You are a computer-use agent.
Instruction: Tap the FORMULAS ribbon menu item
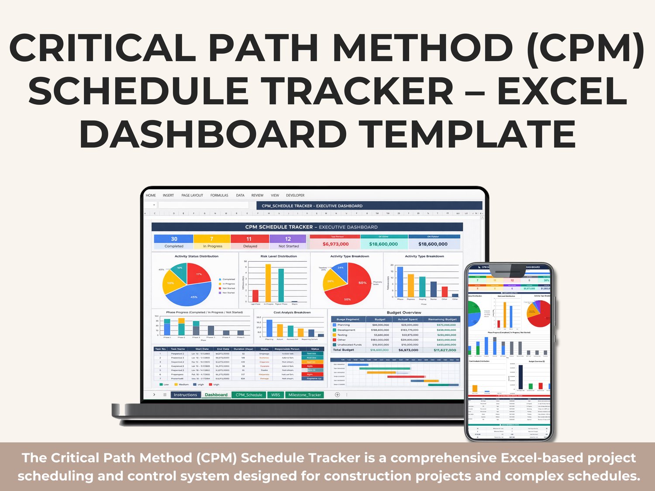(x=219, y=195)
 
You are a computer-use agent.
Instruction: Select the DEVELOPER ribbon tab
(x=295, y=195)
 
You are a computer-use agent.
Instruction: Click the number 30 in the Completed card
(x=174, y=239)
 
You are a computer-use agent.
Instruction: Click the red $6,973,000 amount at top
(x=335, y=244)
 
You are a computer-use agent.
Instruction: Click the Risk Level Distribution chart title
(x=279, y=256)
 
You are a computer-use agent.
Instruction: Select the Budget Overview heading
(x=404, y=313)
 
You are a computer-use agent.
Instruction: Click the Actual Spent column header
(x=408, y=319)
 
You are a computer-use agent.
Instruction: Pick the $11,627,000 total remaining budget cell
(x=445, y=350)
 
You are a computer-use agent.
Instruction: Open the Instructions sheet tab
(x=185, y=395)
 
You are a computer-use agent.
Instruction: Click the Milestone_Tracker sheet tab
(x=304, y=395)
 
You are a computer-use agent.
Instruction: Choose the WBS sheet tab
(x=276, y=395)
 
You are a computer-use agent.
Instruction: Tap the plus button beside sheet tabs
(x=337, y=394)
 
